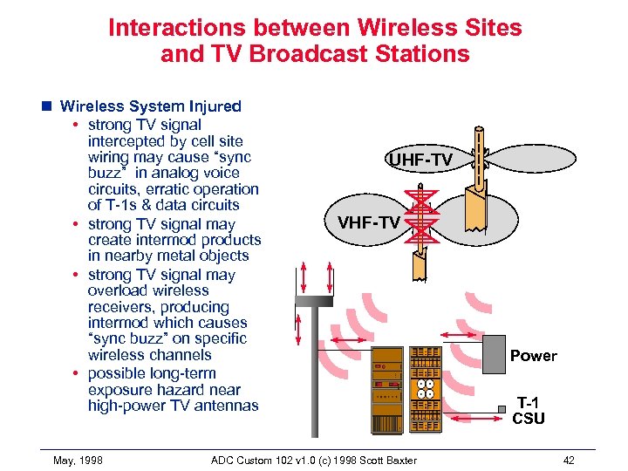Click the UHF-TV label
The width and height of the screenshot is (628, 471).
(x=420, y=160)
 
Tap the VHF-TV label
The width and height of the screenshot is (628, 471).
(x=369, y=222)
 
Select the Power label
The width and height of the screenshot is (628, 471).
(x=533, y=356)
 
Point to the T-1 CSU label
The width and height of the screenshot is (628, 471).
(x=529, y=410)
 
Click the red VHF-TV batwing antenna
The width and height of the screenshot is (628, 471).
(x=421, y=218)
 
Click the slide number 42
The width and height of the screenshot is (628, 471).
(x=569, y=460)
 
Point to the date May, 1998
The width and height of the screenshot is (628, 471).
(x=78, y=460)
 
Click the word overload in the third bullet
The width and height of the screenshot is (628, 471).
(x=117, y=290)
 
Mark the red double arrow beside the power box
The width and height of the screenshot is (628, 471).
(x=456, y=333)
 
